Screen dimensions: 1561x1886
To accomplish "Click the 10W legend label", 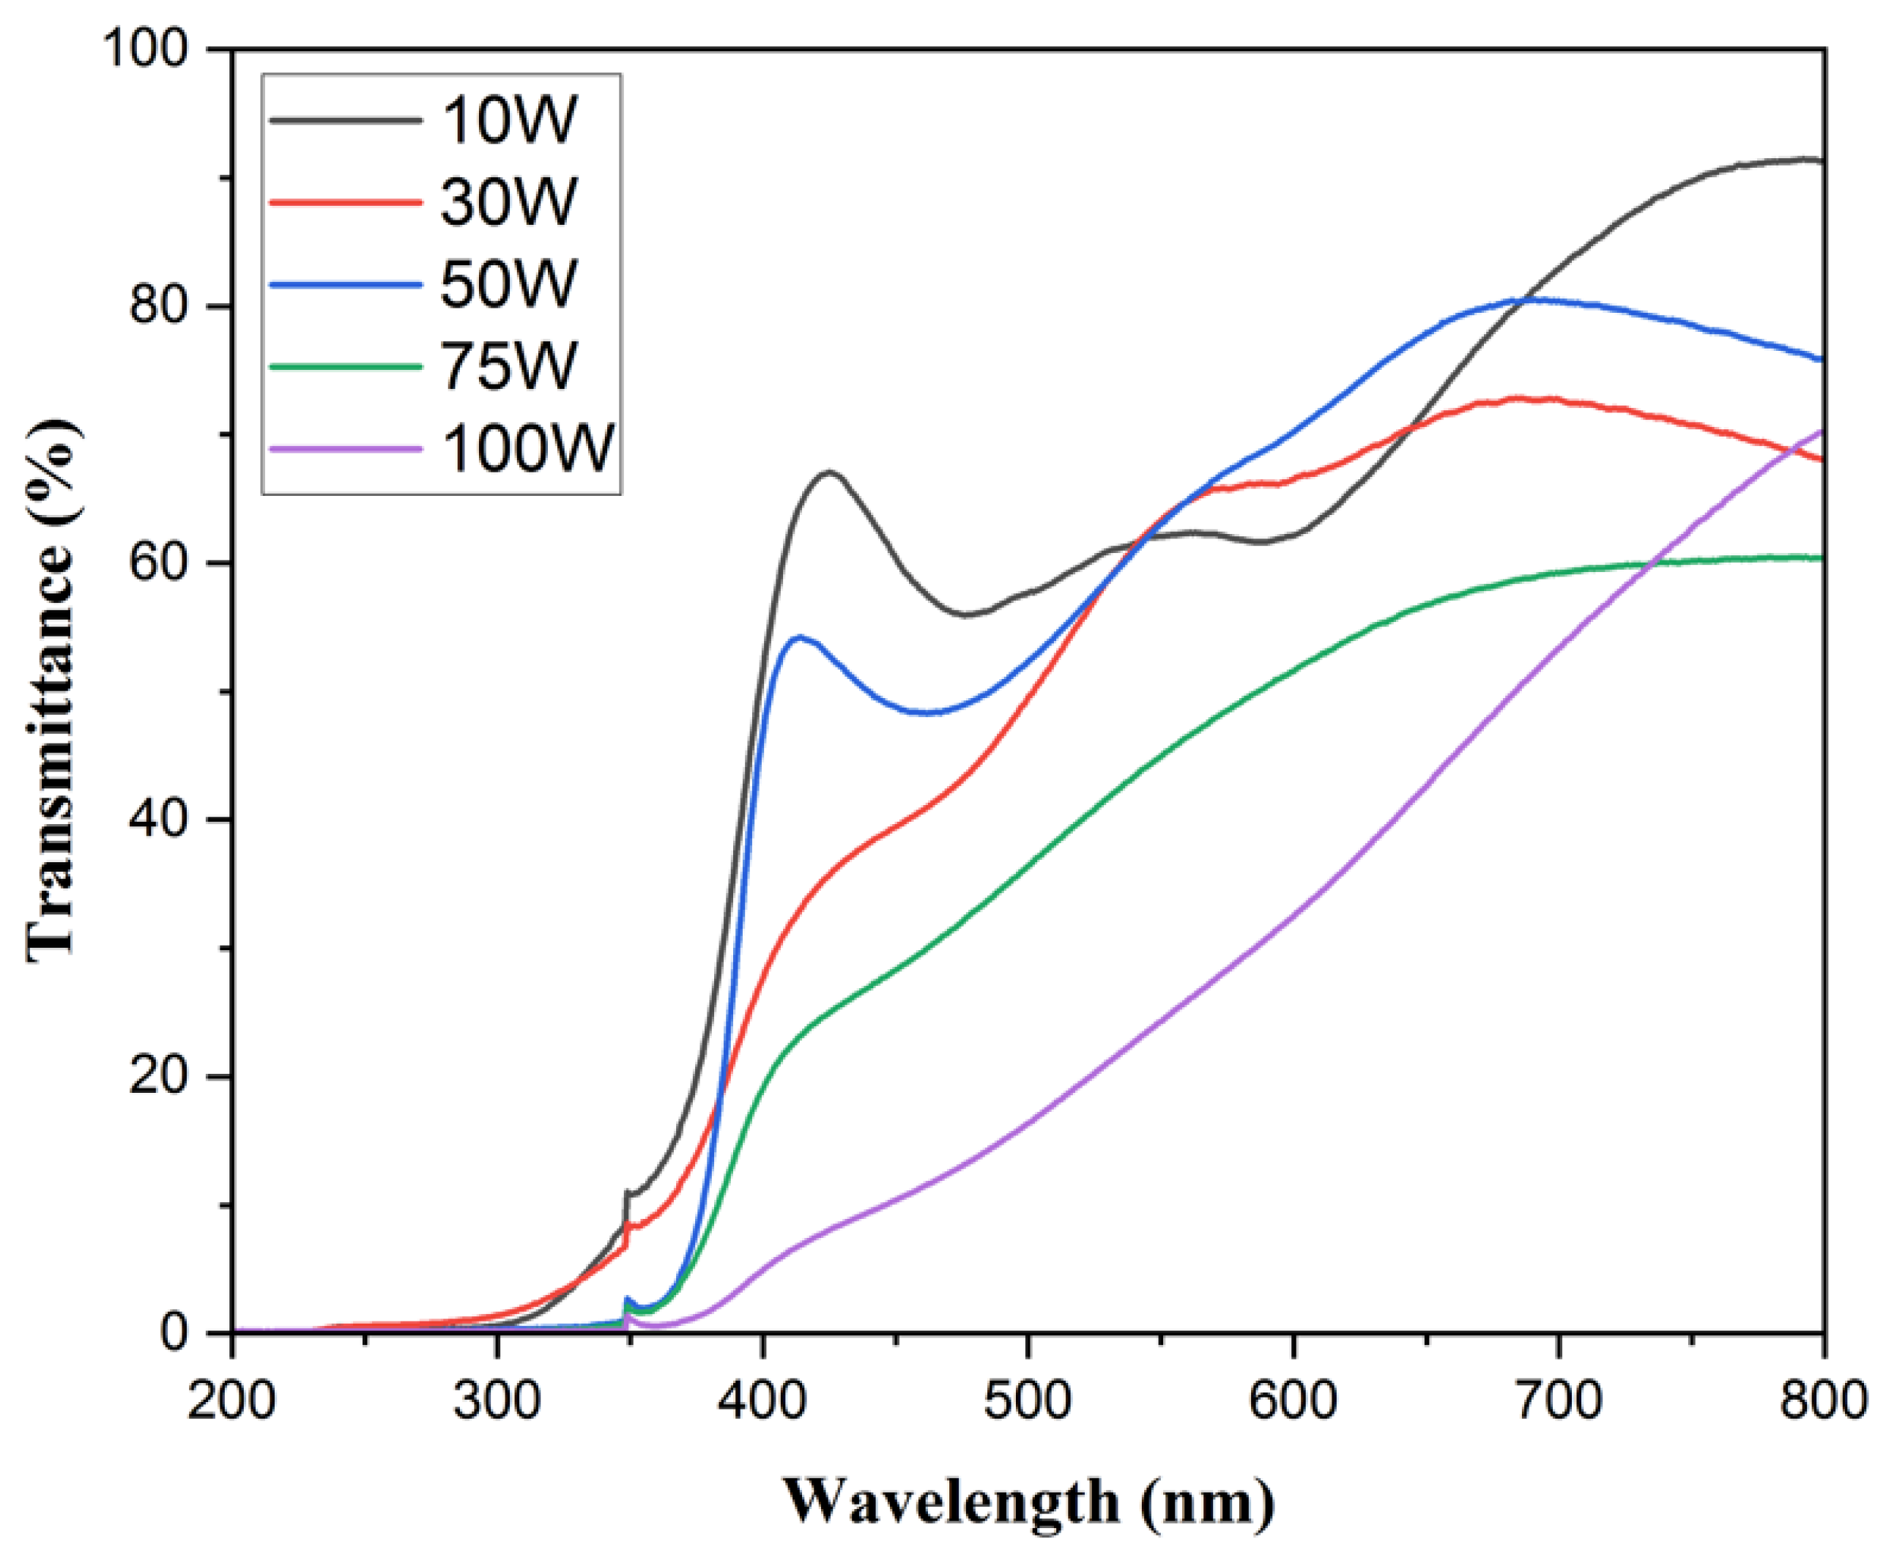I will tap(509, 119).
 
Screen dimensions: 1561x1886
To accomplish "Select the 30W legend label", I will tap(509, 201).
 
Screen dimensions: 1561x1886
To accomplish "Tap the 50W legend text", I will tap(509, 283).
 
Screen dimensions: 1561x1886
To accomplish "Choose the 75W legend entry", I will tap(509, 366).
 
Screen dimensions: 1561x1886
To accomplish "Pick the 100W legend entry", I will tap(528, 448).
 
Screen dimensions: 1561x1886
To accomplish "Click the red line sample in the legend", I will tap(346, 202).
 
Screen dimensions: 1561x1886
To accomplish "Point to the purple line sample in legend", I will tap(346, 448).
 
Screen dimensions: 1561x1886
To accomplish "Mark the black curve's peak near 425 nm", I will tap(829, 472).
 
